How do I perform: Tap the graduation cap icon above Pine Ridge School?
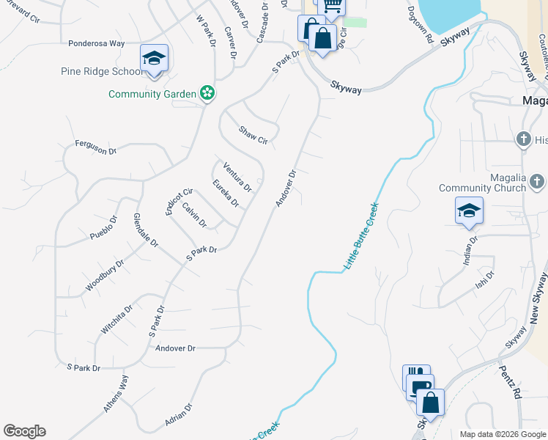click(x=154, y=59)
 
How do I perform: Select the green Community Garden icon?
click(x=208, y=93)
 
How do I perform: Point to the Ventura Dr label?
click(x=237, y=175)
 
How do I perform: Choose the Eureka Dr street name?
click(x=225, y=193)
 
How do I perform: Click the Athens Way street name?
click(x=116, y=394)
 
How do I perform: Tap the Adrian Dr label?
click(x=178, y=416)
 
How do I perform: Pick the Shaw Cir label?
click(x=253, y=135)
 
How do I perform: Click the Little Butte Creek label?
click(x=362, y=235)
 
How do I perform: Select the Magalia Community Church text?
click(x=483, y=183)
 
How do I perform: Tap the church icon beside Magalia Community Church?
click(x=537, y=180)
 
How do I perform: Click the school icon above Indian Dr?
click(x=469, y=211)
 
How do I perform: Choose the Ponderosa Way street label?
click(x=96, y=43)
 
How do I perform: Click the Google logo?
click(x=24, y=431)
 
